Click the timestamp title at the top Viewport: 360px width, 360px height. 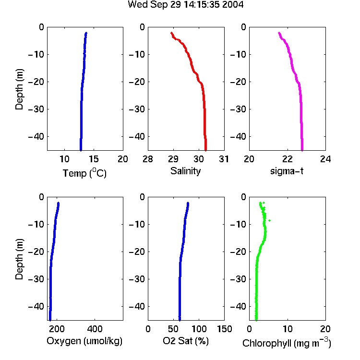(185, 5)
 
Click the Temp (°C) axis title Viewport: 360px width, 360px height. (84, 173)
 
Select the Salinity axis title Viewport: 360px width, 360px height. (185, 171)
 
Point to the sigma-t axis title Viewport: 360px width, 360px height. (287, 171)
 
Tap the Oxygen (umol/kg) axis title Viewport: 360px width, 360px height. (84, 341)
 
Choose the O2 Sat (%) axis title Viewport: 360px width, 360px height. (186, 341)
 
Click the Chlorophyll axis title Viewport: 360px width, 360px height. (287, 343)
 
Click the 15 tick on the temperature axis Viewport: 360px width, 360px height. (94, 159)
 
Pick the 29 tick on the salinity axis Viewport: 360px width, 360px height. (173, 159)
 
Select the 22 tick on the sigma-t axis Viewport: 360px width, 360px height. (288, 159)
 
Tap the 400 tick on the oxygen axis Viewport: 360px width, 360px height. (95, 329)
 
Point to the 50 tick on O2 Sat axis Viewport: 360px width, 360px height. (173, 329)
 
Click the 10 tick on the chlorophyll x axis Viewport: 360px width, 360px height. (288, 329)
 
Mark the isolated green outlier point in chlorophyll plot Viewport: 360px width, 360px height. (270, 220)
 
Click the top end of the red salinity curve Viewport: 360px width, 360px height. (171, 33)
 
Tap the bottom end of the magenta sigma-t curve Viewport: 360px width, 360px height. (302, 150)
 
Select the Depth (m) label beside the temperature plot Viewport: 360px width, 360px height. (19, 89)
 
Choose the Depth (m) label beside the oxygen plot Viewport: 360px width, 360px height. (19, 259)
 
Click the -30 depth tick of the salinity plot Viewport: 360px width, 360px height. (137, 109)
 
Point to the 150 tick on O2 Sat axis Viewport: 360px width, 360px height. (225, 329)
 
